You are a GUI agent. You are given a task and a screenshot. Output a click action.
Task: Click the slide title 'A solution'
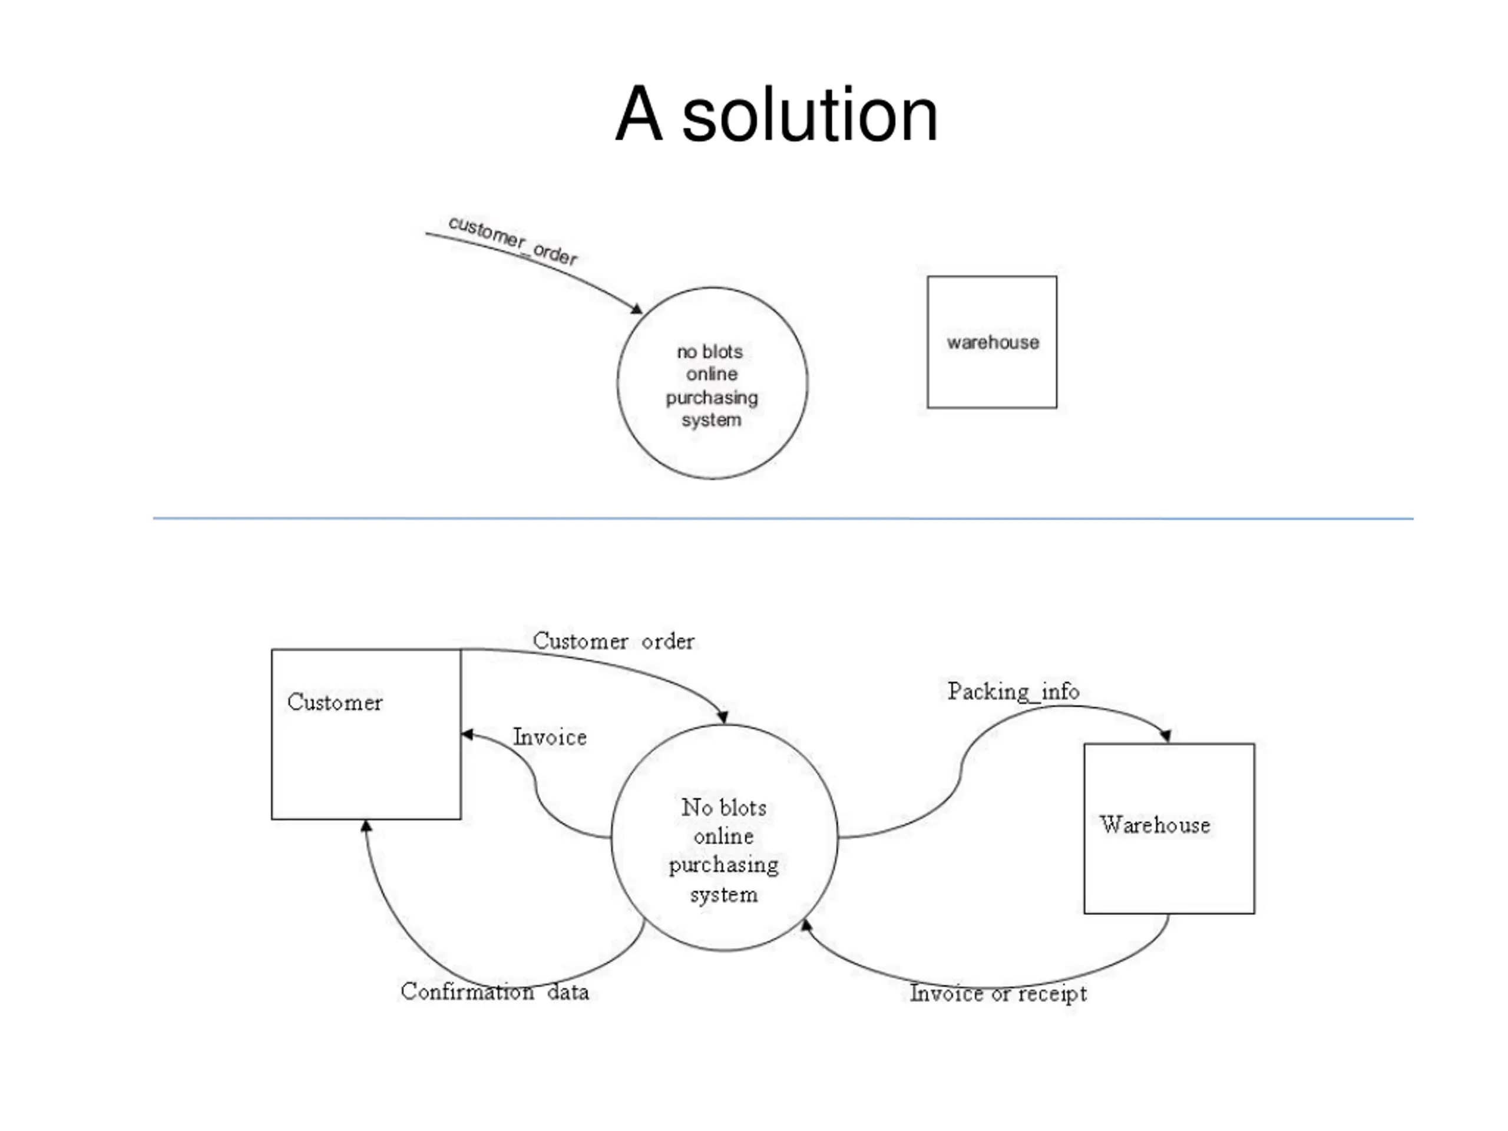tap(776, 114)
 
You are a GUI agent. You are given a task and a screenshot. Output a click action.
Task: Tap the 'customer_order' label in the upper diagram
tap(512, 240)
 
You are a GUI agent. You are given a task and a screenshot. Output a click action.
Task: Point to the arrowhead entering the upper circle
tap(636, 309)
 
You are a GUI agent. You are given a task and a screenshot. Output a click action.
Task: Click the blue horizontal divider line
tap(783, 518)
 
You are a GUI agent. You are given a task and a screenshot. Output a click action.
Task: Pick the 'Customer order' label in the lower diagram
tap(614, 641)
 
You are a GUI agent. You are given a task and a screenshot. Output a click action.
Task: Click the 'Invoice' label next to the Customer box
tap(550, 737)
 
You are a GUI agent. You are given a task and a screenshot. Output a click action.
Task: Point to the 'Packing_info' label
tap(1014, 692)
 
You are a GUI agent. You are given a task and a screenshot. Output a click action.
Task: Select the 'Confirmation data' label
tap(495, 991)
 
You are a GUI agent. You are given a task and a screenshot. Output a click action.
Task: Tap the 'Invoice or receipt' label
tap(998, 993)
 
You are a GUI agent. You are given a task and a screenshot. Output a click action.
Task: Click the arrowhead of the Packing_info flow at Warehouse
tap(1166, 736)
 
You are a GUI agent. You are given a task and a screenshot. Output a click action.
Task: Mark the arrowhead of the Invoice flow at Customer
tap(468, 734)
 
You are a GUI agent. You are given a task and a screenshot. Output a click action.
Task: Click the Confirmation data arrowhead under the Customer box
tap(366, 826)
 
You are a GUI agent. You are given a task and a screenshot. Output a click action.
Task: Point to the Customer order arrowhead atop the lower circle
tap(723, 717)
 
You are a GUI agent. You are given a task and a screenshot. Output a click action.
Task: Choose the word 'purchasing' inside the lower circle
tap(723, 866)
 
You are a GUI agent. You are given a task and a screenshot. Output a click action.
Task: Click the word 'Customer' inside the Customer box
tap(335, 702)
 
